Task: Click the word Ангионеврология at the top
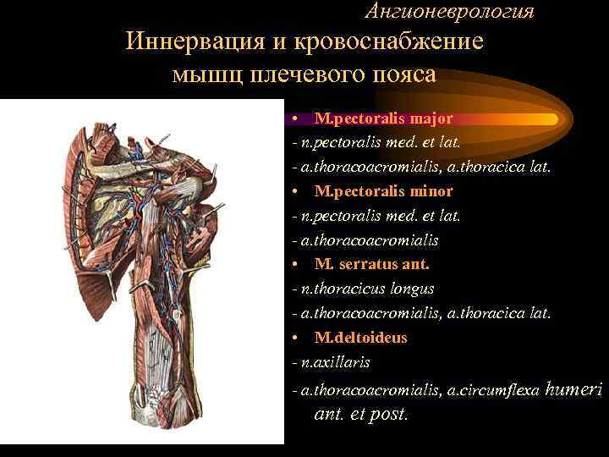click(x=450, y=11)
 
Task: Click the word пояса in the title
click(x=403, y=74)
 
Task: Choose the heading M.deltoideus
click(x=360, y=338)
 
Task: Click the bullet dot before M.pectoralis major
click(x=290, y=119)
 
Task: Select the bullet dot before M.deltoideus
click(x=290, y=339)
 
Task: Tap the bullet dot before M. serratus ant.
click(x=290, y=265)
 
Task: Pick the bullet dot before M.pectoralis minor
click(x=290, y=192)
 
